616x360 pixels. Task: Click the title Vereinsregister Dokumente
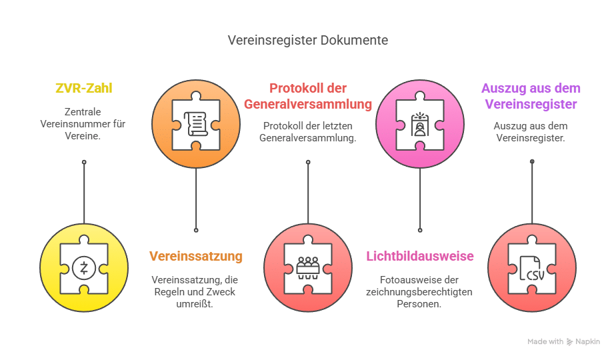point(307,41)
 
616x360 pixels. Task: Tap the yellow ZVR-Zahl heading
point(83,88)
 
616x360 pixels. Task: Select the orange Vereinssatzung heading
point(195,256)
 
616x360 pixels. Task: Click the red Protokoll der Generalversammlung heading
point(307,96)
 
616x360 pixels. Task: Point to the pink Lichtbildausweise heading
point(419,256)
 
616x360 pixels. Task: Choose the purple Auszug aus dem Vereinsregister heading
point(531,96)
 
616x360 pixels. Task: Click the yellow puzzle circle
point(84,267)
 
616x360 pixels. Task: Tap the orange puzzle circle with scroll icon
point(196,124)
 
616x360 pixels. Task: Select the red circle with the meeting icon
point(308,267)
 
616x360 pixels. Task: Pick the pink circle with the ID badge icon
point(420,124)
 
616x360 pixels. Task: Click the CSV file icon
point(532,268)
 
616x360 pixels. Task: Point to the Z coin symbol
point(84,268)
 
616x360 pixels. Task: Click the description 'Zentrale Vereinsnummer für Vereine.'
point(83,123)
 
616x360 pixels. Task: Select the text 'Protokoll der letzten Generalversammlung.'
point(307,132)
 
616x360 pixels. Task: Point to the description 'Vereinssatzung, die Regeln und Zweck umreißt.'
point(195,291)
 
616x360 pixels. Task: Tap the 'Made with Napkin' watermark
point(563,342)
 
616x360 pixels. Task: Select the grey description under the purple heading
point(531,132)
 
